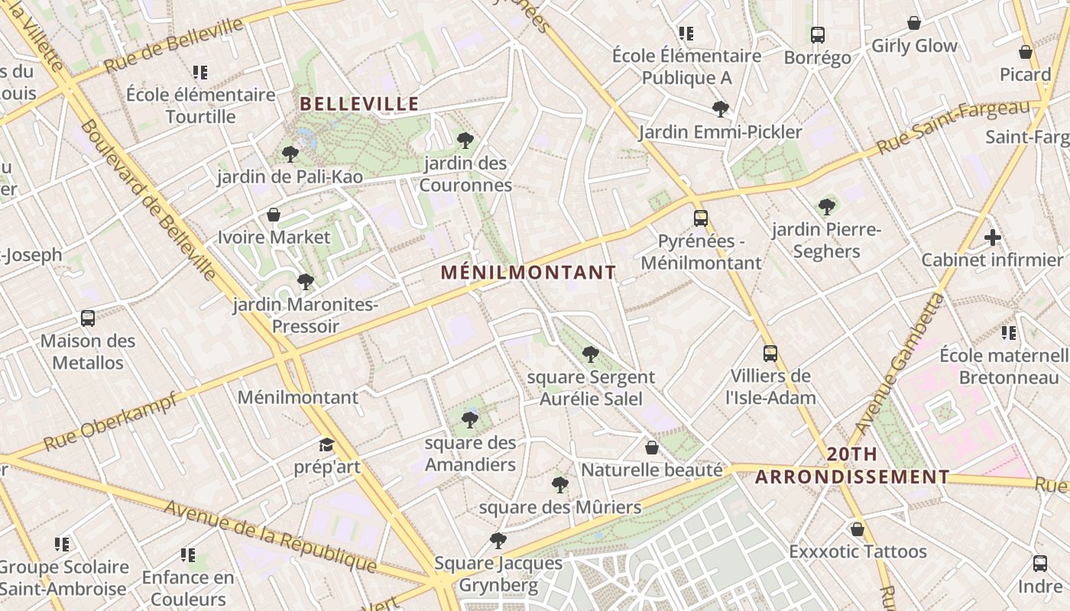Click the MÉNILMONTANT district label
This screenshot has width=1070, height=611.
[528, 272]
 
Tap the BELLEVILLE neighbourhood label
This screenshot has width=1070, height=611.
[359, 104]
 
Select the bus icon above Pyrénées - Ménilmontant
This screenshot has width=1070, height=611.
[701, 218]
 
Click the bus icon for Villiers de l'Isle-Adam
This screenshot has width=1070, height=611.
[770, 354]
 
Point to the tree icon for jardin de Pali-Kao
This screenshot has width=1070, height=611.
[290, 154]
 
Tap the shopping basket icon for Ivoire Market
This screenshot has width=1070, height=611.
[274, 215]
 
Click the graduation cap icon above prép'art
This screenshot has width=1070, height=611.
[327, 445]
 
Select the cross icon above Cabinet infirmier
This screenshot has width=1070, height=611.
[993, 238]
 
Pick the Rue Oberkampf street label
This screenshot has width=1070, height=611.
[110, 422]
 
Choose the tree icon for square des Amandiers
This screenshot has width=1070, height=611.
[470, 419]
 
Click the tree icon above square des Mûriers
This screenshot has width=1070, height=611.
[560, 484]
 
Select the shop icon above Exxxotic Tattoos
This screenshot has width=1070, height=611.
[858, 529]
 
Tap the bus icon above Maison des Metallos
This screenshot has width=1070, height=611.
[88, 318]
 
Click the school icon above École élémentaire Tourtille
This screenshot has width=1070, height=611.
[200, 73]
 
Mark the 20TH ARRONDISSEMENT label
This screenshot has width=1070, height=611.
[852, 466]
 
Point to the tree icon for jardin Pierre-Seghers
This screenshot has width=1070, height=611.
[827, 206]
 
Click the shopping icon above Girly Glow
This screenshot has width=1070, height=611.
[914, 23]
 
